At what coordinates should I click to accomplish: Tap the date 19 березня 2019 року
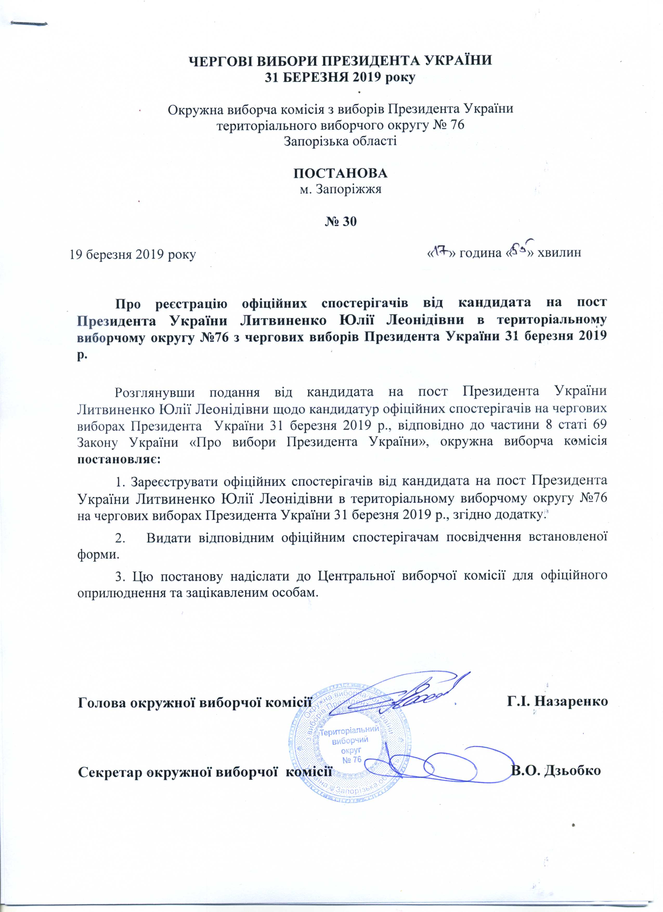click(133, 255)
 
